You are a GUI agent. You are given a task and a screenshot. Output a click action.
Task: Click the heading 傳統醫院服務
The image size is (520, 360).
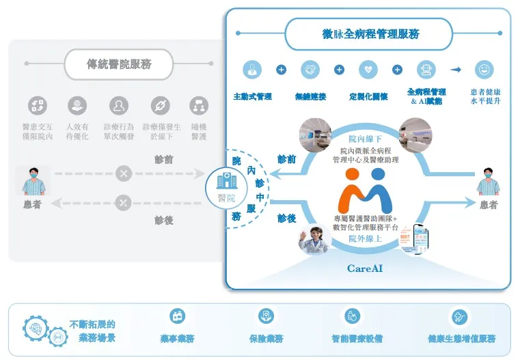[x=119, y=65]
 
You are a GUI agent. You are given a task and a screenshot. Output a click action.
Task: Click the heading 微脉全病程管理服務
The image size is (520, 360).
[x=370, y=34]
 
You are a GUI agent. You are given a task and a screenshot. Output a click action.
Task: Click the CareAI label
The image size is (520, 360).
[x=364, y=268]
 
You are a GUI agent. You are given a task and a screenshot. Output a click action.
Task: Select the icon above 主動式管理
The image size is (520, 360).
[x=252, y=70]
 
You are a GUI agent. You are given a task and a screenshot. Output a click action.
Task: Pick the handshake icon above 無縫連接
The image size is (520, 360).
[x=310, y=70]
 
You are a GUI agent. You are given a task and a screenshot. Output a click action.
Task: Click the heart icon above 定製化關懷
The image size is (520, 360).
[x=368, y=70]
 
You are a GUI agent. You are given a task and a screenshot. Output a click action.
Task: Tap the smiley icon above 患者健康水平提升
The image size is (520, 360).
[x=484, y=70]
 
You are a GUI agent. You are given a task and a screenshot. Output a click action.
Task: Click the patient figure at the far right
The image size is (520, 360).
[x=488, y=182]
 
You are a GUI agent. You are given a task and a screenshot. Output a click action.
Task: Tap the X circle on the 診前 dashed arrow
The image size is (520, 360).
[x=123, y=174]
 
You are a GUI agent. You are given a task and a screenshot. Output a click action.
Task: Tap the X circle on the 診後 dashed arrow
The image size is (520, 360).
[x=123, y=202]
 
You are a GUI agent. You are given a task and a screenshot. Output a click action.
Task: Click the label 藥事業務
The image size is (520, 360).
[x=178, y=339]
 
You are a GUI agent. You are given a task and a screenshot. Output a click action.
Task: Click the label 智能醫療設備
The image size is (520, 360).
[x=357, y=339]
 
